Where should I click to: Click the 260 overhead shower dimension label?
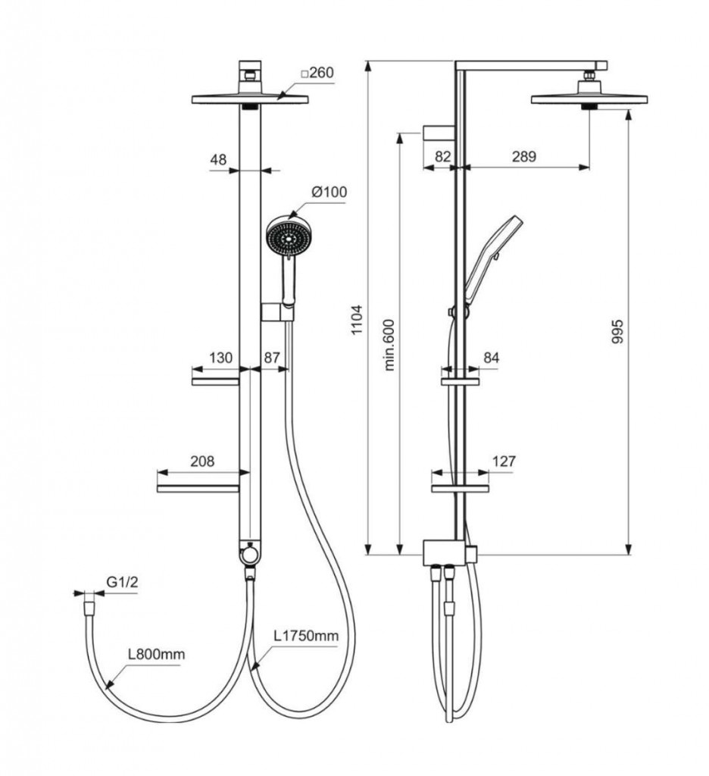pos(317,73)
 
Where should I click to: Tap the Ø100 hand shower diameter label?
pos(329,192)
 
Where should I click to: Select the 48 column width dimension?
pos(218,159)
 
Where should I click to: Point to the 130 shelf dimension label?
pos(220,358)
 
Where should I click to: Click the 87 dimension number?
pos(272,358)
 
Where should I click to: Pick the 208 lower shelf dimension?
pos(202,462)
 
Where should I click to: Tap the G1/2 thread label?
pos(122,582)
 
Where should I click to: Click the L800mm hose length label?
pos(156,654)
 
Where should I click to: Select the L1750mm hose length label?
pos(307,636)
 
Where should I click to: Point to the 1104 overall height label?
pos(357,320)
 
